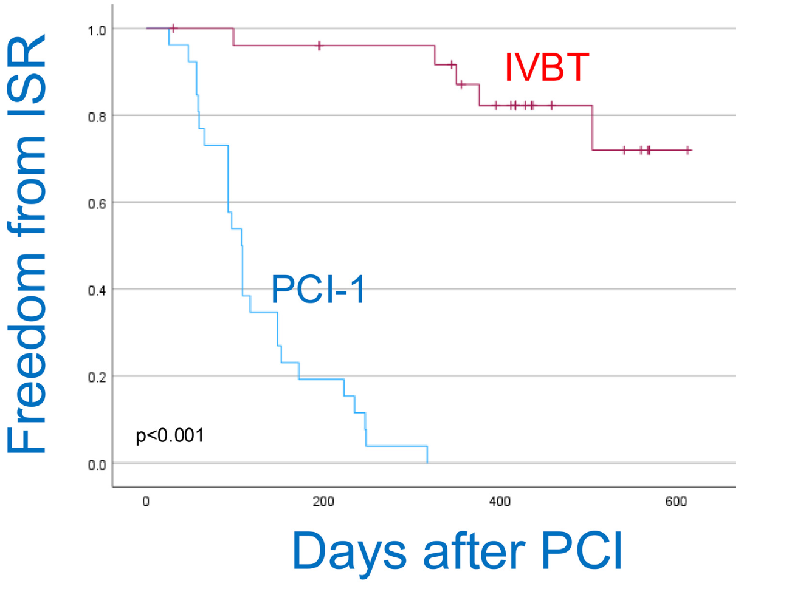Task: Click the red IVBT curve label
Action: click(546, 67)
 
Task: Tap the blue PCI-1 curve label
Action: click(318, 289)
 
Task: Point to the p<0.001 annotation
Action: click(170, 436)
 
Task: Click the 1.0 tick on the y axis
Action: click(97, 30)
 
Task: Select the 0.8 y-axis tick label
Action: click(97, 117)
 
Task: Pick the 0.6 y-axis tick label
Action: click(97, 204)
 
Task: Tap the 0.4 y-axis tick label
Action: click(97, 291)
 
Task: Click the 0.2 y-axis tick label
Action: click(97, 378)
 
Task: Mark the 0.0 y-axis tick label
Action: click(97, 465)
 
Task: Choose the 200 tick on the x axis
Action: click(323, 502)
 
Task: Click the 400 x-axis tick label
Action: click(500, 502)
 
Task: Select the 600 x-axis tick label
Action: click(676, 502)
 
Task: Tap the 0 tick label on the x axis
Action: click(146, 502)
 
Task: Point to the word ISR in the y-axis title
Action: click(27, 75)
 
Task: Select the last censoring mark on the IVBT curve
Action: click(687, 150)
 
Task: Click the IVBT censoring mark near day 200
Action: click(319, 46)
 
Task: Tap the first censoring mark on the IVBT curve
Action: click(174, 28)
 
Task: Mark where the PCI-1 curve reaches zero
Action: click(427, 463)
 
